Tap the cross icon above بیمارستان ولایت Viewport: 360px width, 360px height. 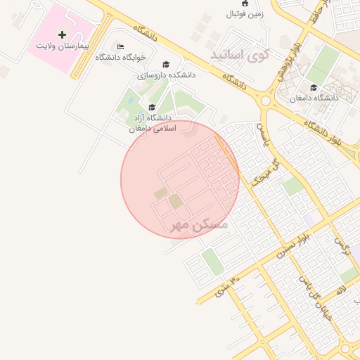tap(63, 34)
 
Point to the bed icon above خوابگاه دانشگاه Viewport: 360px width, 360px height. tap(120, 47)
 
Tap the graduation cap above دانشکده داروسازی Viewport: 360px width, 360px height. tap(166, 64)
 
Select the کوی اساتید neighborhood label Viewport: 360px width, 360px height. tap(240, 54)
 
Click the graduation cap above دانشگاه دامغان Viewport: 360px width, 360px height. tap(314, 88)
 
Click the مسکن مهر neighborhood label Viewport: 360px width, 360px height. tap(200, 225)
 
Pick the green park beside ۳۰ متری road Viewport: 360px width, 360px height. tap(212, 262)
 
